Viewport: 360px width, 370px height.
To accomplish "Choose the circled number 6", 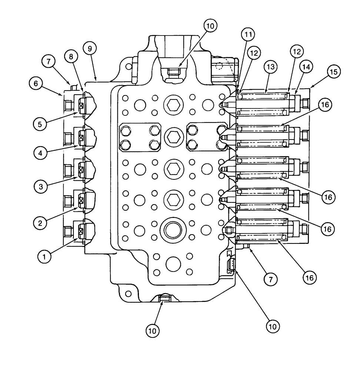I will pos(36,84).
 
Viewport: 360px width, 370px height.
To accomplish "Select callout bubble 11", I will pos(249,35).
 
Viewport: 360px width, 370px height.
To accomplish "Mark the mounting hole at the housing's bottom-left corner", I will pos(128,293).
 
